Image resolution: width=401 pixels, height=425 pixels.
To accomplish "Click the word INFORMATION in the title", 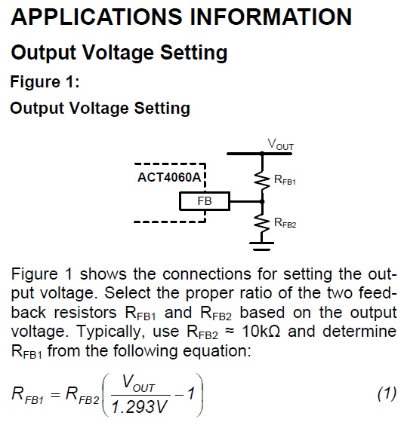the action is (271, 17).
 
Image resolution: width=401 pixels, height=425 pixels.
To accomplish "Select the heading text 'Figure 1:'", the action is (45, 81).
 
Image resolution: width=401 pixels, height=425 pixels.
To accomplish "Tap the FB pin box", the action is (205, 201).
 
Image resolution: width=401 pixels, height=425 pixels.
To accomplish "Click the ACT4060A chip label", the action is (169, 177).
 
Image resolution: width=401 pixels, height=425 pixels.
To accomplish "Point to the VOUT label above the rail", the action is (281, 144).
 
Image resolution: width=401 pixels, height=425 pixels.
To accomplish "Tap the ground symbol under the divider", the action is (261, 246).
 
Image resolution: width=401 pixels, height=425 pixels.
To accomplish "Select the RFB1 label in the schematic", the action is (285, 180).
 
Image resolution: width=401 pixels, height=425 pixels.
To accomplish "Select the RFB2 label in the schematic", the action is (285, 223).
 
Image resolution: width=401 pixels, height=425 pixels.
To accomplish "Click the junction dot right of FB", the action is (262, 201).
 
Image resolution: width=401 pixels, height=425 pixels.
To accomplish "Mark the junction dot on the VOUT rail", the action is (262, 154).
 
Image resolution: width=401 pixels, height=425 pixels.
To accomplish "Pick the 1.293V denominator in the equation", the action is (140, 407).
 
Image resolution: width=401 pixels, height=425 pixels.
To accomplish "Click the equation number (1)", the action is (387, 393).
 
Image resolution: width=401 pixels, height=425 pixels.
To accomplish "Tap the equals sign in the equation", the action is (55, 395).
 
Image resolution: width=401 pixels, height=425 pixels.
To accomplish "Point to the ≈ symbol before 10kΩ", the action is (230, 332).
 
